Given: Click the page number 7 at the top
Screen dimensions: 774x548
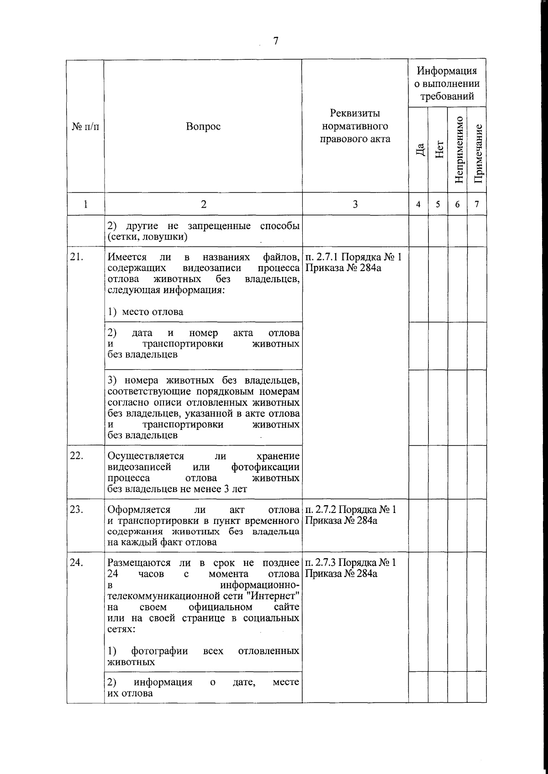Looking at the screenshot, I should [275, 41].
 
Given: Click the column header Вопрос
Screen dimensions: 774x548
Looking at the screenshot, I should [203, 126].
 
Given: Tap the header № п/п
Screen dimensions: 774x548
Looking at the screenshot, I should [85, 126].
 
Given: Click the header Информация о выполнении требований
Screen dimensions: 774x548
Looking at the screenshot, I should [447, 84].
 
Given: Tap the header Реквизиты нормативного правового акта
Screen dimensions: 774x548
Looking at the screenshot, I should [355, 126].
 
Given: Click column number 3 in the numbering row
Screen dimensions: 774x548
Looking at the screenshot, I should [355, 204].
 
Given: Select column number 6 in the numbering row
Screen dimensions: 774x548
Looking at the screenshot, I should [457, 204].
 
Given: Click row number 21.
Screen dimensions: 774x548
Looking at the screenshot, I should [76, 257].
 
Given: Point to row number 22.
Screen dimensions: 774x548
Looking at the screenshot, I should [76, 456].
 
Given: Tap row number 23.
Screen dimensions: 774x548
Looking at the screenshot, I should [76, 509].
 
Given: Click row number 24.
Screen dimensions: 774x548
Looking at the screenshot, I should [76, 562].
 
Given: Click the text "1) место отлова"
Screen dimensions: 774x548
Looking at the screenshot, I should [146, 312].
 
